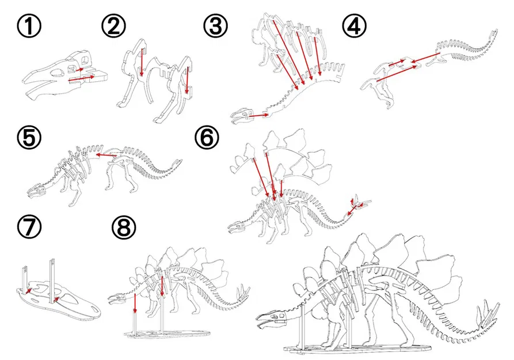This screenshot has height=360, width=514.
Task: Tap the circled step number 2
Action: coord(114,27)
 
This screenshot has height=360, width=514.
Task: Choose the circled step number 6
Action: coord(208,139)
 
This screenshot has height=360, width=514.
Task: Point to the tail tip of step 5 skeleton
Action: coord(182,162)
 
